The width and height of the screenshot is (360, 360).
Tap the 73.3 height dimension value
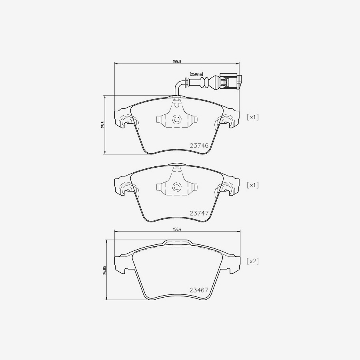(103, 125)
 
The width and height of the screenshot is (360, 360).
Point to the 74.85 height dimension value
(105, 270)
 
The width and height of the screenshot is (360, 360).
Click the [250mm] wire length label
(196, 74)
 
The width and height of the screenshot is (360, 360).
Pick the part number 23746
(199, 146)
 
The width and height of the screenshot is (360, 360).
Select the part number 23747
(199, 213)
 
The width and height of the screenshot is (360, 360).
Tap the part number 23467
(199, 290)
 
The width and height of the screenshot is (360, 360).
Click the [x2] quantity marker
(252, 261)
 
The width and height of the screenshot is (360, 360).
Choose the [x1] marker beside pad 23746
(252, 117)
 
